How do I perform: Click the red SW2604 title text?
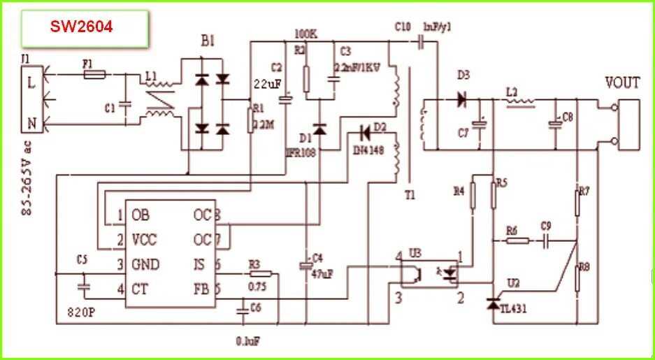[81, 27]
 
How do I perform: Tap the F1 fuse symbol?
[94, 73]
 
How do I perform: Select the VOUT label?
[621, 83]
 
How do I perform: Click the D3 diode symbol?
[461, 99]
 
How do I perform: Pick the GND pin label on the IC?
[145, 264]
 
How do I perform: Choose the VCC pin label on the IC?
[145, 240]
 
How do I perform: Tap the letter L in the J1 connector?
[30, 82]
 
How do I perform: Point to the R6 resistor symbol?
[517, 240]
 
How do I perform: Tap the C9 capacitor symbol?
[547, 240]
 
